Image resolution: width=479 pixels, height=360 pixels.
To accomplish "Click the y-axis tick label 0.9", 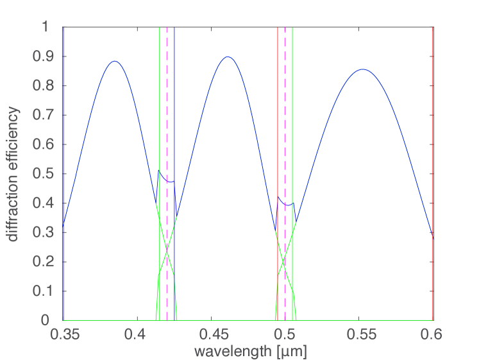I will pos(49,56).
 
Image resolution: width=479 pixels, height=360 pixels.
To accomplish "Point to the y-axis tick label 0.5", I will pos(49,174).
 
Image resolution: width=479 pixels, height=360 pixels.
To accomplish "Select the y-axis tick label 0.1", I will pos(49,291).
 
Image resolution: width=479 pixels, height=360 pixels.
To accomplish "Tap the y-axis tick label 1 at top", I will pos(54,28).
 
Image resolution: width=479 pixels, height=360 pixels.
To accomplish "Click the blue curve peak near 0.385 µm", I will pos(115,61).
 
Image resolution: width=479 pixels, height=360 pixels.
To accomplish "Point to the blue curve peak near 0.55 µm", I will pos(362,69).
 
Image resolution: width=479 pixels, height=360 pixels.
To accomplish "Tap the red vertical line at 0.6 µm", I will pos(433,160).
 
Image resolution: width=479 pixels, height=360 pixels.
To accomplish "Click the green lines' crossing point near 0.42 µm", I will pos(167,250).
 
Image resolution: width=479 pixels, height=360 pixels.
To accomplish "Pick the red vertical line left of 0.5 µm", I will pos(277,128).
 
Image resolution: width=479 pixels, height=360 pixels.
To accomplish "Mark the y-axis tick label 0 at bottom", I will pos(54,320).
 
